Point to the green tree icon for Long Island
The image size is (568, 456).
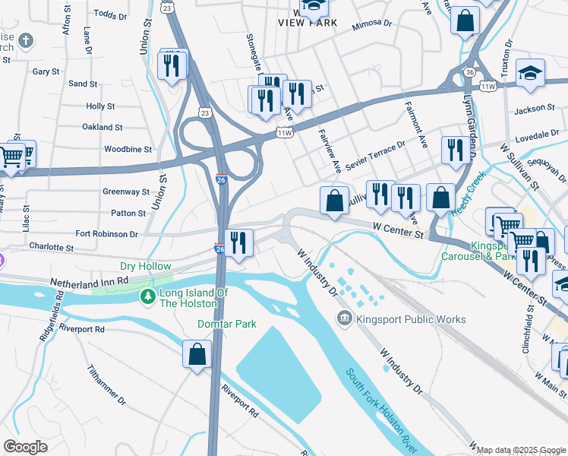(x=145, y=296)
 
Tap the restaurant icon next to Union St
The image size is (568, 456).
(x=172, y=65)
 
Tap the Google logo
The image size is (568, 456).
(x=25, y=447)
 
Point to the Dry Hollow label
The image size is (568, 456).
(x=145, y=267)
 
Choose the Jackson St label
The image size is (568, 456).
(x=530, y=110)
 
